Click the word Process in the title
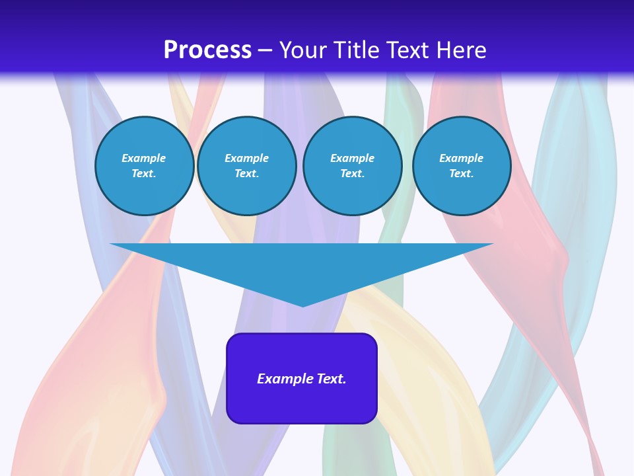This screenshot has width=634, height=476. click(207, 50)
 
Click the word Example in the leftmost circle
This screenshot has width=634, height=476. click(144, 158)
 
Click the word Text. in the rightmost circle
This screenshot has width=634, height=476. click(462, 174)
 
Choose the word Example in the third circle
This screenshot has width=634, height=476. click(353, 158)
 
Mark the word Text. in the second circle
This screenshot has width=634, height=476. click(247, 174)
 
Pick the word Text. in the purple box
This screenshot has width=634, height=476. click(332, 379)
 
